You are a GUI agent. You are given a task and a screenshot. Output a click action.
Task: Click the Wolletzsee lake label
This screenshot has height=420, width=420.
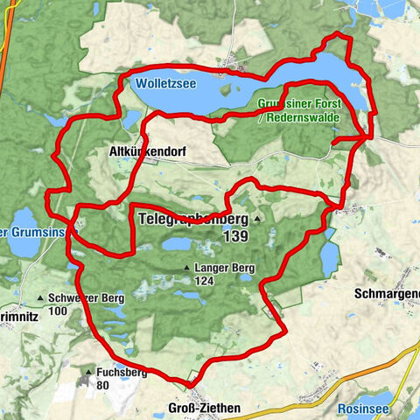[166, 86]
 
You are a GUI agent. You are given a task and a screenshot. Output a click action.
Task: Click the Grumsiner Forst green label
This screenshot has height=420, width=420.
[295, 103]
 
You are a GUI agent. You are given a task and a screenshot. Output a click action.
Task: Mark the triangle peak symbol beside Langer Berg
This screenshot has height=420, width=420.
[186, 269]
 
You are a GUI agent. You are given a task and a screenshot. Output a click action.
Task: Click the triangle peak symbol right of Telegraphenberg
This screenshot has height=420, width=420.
[257, 219]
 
